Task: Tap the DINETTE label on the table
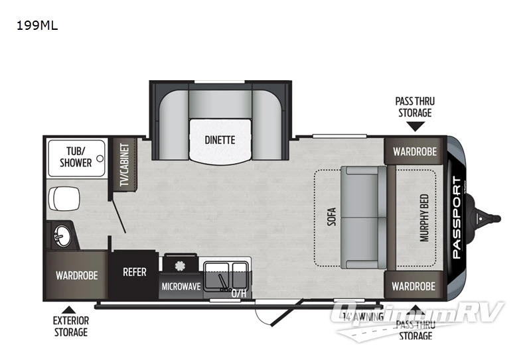click(219, 140)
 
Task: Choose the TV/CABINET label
click(123, 164)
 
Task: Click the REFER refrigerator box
click(134, 273)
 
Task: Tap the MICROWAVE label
click(181, 286)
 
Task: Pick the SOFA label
click(331, 217)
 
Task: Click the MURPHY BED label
click(424, 217)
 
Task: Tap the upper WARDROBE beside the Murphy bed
click(414, 151)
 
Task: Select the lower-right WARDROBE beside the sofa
click(414, 286)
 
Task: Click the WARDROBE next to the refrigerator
click(77, 275)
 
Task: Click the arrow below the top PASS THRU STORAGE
click(414, 124)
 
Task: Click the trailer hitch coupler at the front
click(488, 217)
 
